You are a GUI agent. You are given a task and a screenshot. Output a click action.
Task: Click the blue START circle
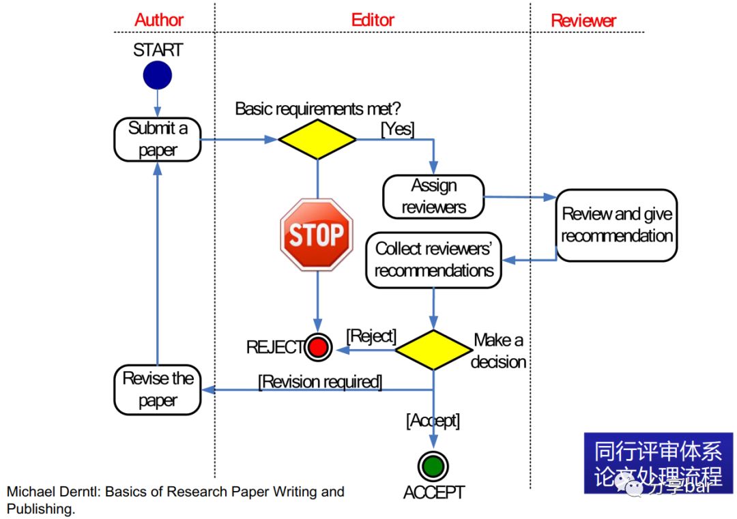(x=158, y=75)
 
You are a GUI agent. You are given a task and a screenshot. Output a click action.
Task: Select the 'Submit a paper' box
(x=158, y=140)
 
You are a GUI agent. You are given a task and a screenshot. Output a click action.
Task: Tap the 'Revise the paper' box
(x=158, y=390)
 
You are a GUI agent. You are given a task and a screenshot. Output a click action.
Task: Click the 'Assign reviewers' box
(x=433, y=197)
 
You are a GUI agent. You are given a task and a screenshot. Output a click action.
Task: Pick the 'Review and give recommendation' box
(x=616, y=226)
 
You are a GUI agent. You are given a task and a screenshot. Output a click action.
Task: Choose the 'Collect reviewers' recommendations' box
(x=433, y=260)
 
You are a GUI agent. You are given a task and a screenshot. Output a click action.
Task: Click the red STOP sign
(x=317, y=235)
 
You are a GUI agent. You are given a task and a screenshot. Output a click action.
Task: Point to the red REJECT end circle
(x=318, y=347)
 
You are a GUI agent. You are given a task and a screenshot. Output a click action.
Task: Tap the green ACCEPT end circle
(x=433, y=466)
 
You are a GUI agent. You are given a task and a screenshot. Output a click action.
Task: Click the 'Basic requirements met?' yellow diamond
(x=317, y=140)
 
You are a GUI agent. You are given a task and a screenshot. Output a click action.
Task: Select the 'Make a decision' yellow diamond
(x=433, y=350)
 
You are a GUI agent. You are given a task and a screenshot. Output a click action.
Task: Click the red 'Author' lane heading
(x=159, y=20)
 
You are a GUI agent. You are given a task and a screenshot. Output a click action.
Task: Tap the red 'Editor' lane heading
(x=373, y=20)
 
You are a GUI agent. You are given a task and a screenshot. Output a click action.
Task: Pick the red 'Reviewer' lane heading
(x=583, y=20)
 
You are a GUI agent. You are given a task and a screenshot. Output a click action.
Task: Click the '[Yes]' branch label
(x=398, y=129)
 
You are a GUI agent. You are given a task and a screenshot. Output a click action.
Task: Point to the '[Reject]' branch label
(x=371, y=336)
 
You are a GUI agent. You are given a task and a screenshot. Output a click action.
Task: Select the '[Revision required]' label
(x=320, y=382)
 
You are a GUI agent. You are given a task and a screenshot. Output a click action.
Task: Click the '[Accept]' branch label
(x=433, y=420)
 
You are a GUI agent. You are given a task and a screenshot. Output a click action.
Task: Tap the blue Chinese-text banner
(x=659, y=463)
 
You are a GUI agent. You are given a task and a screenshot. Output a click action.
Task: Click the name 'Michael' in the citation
(x=31, y=492)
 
